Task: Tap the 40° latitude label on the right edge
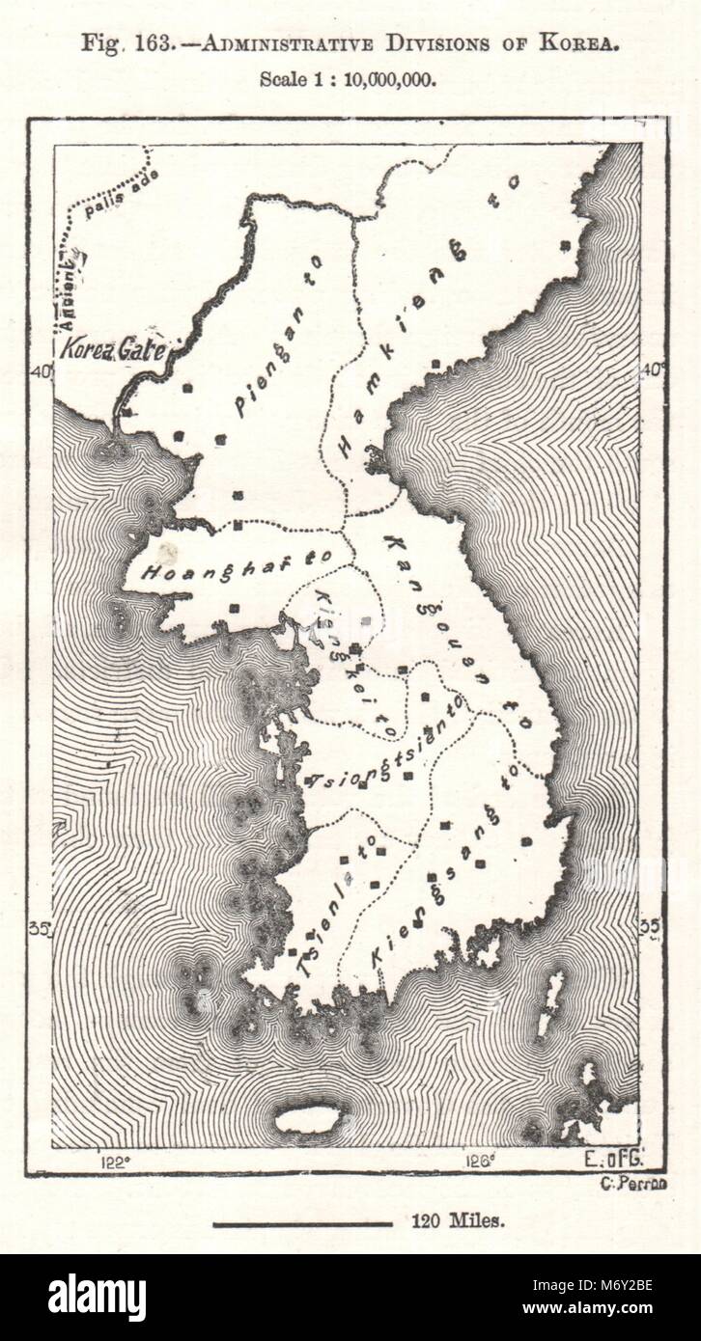tap(654, 368)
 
